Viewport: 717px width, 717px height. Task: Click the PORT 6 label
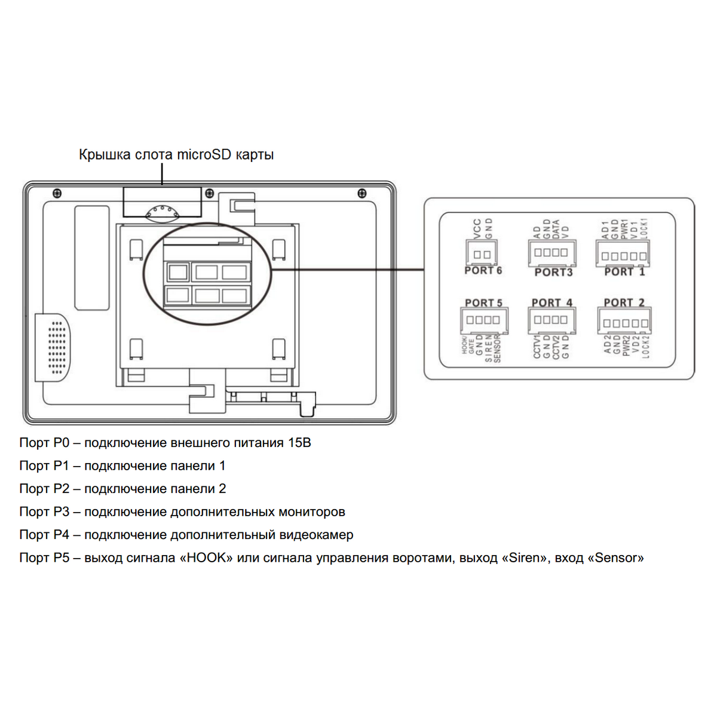483,271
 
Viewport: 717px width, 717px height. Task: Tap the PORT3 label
553,272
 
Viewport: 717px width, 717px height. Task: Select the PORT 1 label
624,272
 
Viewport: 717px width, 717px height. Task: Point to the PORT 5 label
483,304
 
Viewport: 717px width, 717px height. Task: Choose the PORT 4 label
551,303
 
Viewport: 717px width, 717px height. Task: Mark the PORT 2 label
624,303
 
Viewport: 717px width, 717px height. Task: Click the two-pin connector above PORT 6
482,253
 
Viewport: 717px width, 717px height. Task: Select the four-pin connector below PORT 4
551,320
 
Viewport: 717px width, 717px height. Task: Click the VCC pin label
477,229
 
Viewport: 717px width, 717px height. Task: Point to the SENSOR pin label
498,349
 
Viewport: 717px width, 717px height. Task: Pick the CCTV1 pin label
537,347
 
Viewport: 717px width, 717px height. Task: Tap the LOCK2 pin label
645,346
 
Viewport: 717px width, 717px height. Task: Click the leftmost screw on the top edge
57,194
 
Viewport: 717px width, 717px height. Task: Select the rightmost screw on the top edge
361,194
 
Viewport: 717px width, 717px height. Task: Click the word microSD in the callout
204,155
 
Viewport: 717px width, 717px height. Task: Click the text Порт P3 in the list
44,512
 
